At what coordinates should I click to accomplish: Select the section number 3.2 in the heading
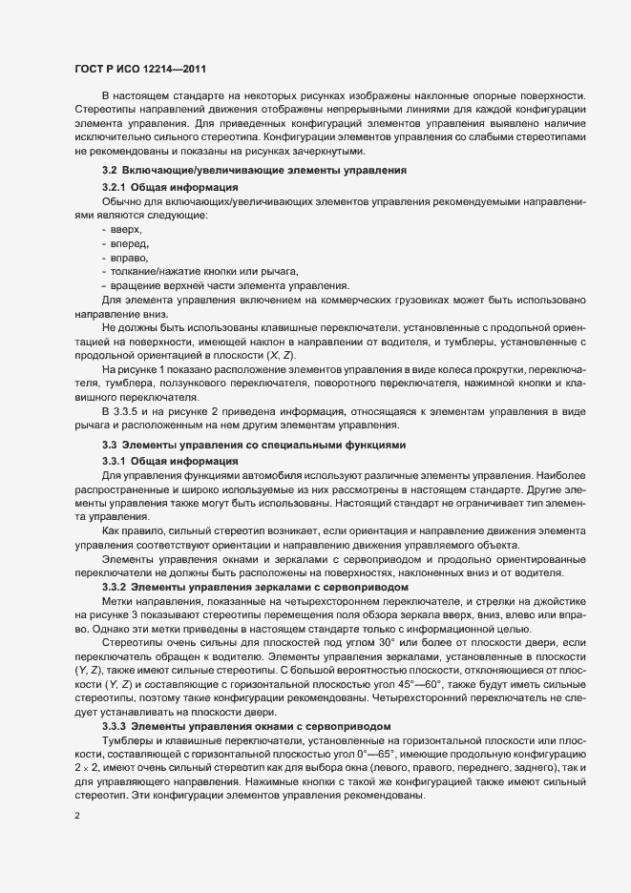[x=110, y=170]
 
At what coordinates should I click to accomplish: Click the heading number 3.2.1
[x=114, y=186]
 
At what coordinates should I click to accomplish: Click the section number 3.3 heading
[x=110, y=445]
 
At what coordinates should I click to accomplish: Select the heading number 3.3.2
[x=114, y=586]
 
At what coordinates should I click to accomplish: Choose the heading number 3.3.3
[x=114, y=698]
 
